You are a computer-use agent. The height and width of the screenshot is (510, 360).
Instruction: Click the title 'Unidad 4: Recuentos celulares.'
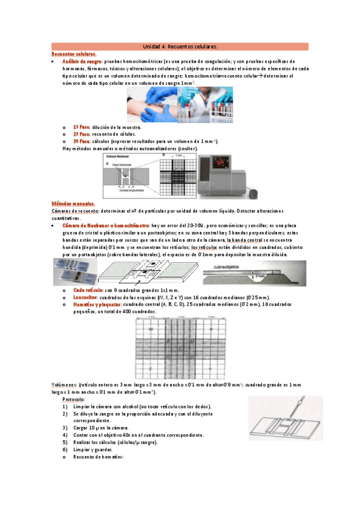point(180,46)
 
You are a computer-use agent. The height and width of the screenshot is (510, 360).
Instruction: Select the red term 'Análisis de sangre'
point(82,61)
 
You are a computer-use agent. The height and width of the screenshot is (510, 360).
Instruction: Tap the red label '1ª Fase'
point(81,127)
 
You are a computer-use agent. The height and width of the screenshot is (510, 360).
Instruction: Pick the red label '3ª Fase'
point(81,141)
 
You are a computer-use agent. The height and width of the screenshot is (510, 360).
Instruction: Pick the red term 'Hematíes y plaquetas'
point(96,304)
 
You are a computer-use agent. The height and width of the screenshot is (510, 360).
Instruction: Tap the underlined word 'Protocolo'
point(73,399)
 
